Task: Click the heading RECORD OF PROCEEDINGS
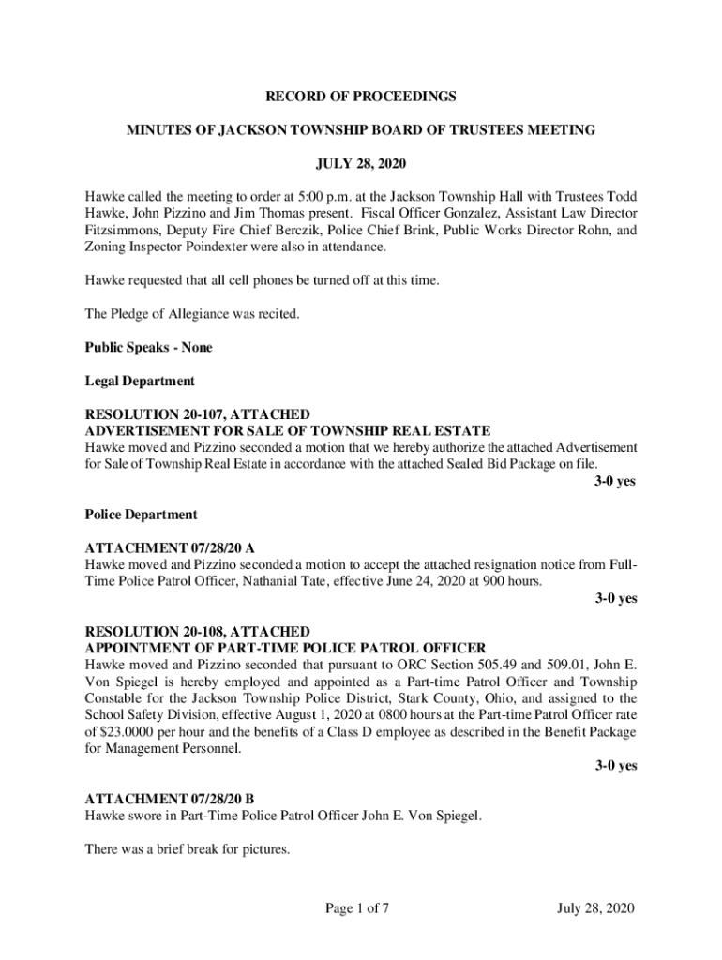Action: tap(361, 97)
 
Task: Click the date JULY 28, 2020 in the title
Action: tap(361, 164)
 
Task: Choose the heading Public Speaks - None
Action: tap(149, 348)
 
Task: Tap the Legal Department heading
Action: tap(140, 382)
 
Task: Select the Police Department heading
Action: tap(141, 515)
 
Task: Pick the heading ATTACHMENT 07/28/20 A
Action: tap(170, 548)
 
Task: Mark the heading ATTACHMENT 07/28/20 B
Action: tap(170, 800)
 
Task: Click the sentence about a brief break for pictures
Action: tap(188, 850)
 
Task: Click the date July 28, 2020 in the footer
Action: tap(596, 908)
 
